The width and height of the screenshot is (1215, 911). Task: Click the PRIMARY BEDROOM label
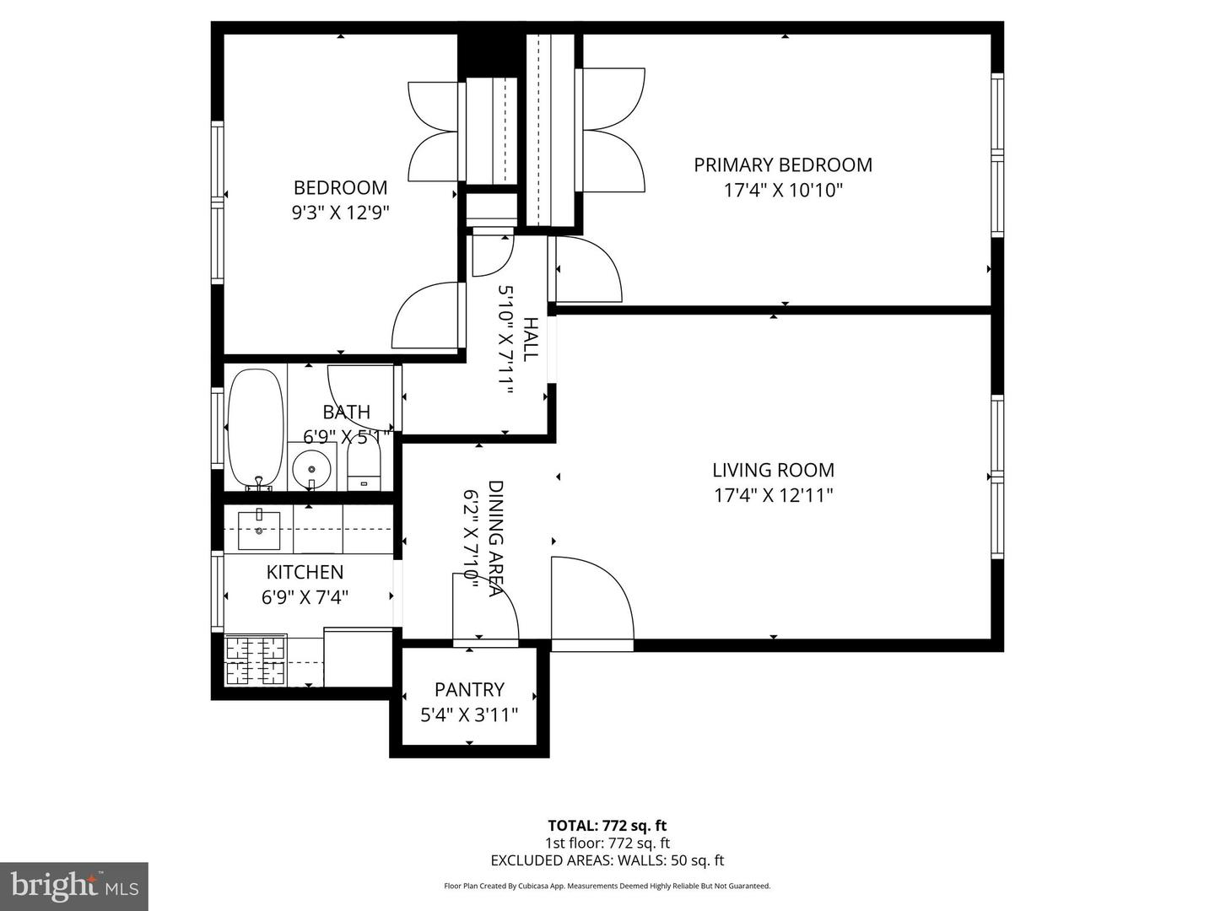pyautogui.click(x=782, y=165)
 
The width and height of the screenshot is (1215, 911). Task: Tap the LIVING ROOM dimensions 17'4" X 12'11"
pyautogui.click(x=773, y=495)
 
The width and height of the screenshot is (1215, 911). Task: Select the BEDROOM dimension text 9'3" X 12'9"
pyautogui.click(x=340, y=213)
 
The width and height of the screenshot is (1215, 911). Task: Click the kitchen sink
pyautogui.click(x=259, y=530)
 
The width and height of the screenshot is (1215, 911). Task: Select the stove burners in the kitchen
pyautogui.click(x=256, y=660)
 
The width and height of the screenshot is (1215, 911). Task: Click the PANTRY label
pyautogui.click(x=469, y=690)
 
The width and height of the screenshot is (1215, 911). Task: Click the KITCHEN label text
pyautogui.click(x=305, y=572)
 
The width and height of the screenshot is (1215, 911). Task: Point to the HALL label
pyautogui.click(x=530, y=339)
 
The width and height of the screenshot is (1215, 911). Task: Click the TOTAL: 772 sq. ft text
pyautogui.click(x=607, y=826)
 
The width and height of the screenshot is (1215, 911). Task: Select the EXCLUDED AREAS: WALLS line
pyautogui.click(x=607, y=861)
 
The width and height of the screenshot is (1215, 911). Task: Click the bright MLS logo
pyautogui.click(x=74, y=886)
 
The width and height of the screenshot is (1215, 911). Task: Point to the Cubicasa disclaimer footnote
pyautogui.click(x=607, y=887)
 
